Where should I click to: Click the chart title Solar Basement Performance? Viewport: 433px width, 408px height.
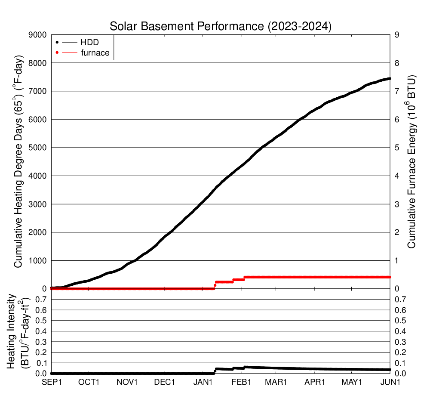pos(221,26)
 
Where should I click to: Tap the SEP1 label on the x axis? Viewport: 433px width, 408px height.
pos(51,382)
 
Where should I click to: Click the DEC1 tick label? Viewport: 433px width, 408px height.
pos(165,382)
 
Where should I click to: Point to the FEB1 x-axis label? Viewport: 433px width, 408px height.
pos(240,382)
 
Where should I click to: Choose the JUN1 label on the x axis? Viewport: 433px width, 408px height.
pos(390,382)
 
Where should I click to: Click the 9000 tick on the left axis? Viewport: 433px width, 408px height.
pos(37,35)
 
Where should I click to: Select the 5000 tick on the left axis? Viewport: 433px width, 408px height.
pos(37,148)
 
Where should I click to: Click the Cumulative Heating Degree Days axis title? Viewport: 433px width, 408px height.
pos(18,161)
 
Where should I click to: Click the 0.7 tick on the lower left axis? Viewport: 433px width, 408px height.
pos(41,299)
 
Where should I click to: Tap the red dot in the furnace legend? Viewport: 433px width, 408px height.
pos(57,53)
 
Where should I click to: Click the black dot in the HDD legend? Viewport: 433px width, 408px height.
pos(57,42)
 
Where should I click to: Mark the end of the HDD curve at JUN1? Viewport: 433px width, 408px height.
pos(390,78)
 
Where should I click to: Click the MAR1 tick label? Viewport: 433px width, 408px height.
pos(277,382)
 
